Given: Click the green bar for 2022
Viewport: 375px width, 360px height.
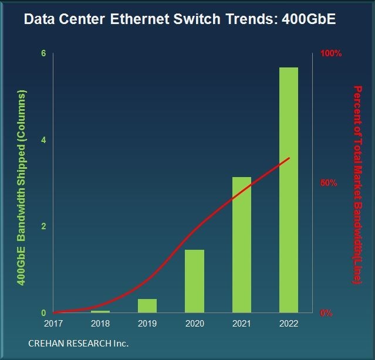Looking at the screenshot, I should click(288, 190).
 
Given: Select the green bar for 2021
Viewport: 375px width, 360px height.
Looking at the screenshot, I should click(241, 244).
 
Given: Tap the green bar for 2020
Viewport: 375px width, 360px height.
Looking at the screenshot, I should click(194, 281).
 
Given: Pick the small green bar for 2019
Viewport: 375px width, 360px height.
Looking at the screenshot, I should click(147, 305).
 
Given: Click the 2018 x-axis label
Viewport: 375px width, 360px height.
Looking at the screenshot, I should click(100, 323).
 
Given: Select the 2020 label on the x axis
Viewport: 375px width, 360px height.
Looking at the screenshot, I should click(194, 323).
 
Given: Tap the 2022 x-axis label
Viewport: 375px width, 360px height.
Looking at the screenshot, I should click(288, 323).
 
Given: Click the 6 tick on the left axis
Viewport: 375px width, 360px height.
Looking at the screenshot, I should click(43, 53).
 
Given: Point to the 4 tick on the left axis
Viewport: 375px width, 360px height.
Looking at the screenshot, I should click(43, 140).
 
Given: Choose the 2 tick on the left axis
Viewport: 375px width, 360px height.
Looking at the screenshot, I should click(43, 226).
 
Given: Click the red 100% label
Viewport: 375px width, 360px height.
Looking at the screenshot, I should click(330, 53).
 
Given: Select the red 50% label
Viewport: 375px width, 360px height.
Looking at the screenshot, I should click(328, 183).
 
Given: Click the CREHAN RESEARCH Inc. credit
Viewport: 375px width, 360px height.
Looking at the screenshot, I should click(78, 342).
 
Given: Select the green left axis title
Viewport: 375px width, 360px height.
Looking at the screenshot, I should click(22, 188).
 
